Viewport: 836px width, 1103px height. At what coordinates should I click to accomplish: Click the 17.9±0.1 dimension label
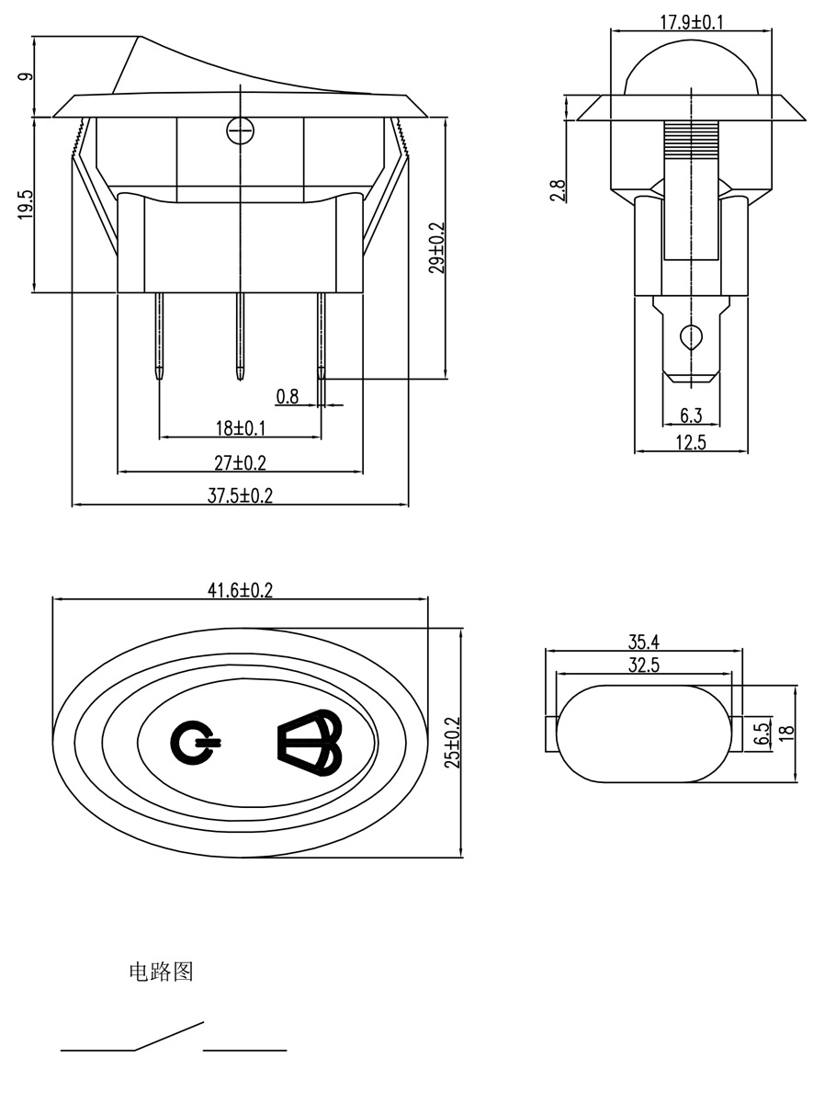691,21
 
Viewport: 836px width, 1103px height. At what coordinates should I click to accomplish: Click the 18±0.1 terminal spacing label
240,427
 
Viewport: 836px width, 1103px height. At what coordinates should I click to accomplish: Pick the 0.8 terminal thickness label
288,396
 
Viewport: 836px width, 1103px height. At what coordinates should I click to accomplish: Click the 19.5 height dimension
25,204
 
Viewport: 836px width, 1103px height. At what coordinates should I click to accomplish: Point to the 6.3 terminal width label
691,415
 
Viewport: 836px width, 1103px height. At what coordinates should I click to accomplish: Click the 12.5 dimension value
691,442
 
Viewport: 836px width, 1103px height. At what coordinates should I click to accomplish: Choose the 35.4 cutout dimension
644,642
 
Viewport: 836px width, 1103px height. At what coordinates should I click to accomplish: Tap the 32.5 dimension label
644,666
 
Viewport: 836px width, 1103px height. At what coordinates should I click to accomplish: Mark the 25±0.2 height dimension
450,744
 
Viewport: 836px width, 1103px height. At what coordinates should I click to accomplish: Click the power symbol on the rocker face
194,743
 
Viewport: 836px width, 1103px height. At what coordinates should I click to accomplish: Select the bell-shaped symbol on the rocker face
309,743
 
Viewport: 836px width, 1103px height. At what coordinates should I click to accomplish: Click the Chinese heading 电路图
161,972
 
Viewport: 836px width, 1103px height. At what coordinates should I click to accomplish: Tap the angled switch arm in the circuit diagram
169,1035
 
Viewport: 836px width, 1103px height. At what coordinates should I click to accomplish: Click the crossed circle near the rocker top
239,132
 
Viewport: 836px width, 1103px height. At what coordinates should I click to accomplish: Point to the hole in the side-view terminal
690,336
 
